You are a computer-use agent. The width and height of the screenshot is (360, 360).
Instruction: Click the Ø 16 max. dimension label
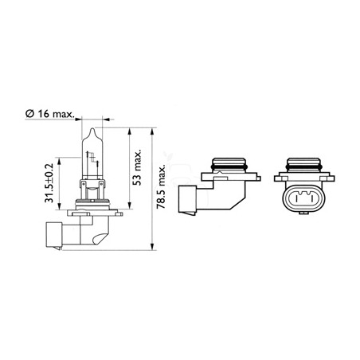click(x=49, y=114)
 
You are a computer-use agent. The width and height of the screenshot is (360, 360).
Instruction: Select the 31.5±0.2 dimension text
click(x=49, y=183)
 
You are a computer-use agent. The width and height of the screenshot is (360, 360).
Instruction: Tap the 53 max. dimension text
click(x=137, y=168)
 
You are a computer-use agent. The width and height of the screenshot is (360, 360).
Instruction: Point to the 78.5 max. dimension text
click(x=161, y=186)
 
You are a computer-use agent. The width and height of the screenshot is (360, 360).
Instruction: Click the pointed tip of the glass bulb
click(x=92, y=128)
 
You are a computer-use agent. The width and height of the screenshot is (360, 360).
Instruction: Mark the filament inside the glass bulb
click(x=92, y=158)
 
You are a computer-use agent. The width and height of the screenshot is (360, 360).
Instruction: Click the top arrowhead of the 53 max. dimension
click(x=129, y=131)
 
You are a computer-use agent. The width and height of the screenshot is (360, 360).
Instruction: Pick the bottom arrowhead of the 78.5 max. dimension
click(x=152, y=246)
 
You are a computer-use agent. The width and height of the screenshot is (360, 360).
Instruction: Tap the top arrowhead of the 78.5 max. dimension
click(x=152, y=131)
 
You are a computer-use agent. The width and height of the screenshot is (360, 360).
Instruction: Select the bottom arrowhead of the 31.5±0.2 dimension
click(x=59, y=206)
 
